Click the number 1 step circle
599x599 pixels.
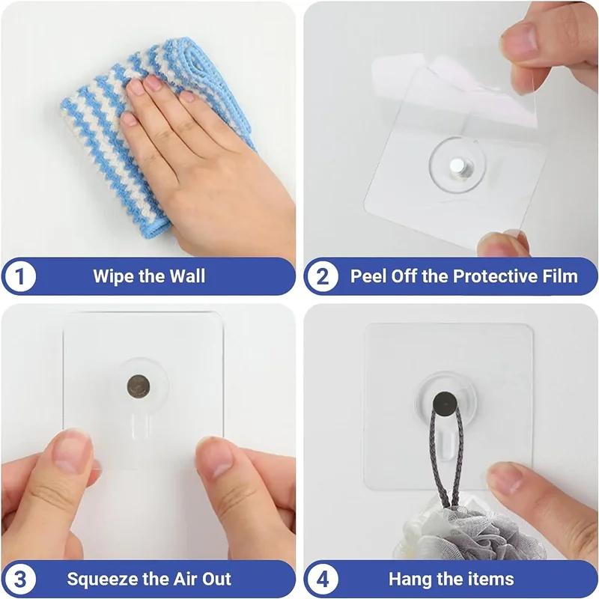20,276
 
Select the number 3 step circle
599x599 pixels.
20,578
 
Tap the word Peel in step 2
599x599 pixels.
368,276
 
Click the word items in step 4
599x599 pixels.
488,578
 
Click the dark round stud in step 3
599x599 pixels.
138,387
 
